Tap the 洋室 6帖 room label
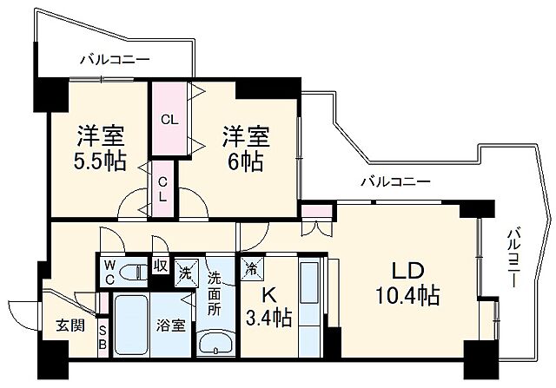pos(243,148)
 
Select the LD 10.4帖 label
pos(402,283)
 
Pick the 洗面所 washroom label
pos(215,295)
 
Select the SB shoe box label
pos(103,338)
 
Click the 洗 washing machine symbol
pos(185,270)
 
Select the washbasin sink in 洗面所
pos(215,342)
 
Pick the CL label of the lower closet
pos(162,189)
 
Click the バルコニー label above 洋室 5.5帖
pos(115,60)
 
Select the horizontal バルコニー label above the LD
pos(395,182)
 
